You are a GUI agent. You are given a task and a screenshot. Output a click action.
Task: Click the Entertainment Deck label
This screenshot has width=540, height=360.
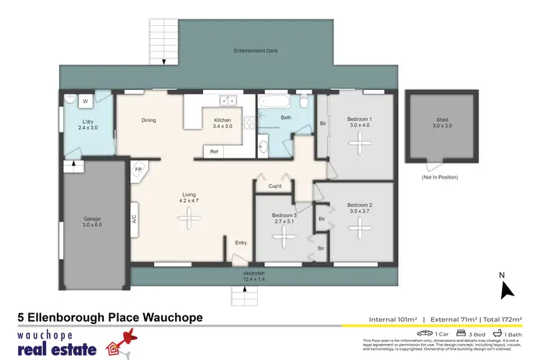pos(256,51)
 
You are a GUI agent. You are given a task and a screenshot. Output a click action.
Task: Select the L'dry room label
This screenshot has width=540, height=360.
pos(87,124)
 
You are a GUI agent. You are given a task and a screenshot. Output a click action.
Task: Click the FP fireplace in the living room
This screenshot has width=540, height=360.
pos(138,170)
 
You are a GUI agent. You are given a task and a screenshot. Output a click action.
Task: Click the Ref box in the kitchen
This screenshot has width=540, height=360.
pos(214,152)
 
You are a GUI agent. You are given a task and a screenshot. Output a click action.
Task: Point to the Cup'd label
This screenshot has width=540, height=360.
pos(275,186)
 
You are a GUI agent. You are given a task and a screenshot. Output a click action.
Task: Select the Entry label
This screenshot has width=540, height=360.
pos(240,243)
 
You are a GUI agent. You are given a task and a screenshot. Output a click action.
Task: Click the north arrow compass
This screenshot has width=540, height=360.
pos(506,289)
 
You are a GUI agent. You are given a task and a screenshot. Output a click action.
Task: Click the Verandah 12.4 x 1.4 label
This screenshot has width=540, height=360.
pos(253,276)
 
